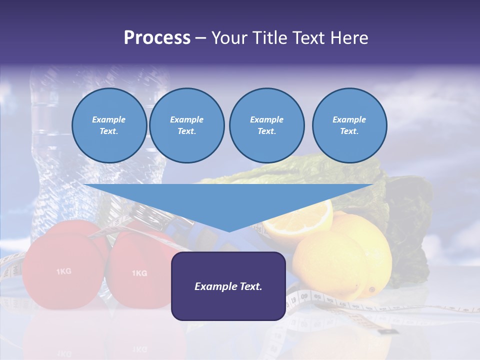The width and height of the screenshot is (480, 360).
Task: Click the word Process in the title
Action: tap(157, 38)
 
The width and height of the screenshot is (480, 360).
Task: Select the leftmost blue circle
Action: tap(109, 125)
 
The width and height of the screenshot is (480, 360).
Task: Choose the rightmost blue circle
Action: tap(349, 125)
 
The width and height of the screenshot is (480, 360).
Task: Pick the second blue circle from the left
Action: tap(186, 125)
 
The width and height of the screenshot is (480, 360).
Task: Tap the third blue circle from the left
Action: tap(266, 125)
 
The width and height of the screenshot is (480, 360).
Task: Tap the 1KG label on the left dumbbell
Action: tap(63, 271)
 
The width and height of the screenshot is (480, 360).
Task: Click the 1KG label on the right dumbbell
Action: tap(139, 273)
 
